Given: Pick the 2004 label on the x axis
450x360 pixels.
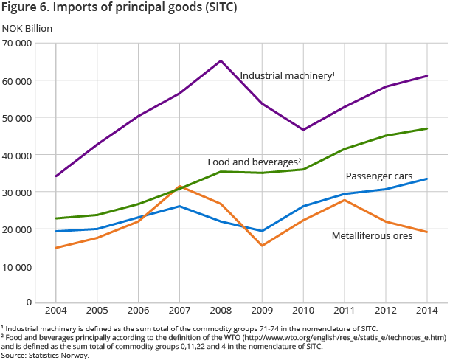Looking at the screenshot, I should click(56, 311).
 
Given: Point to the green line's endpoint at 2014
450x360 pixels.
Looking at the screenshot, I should click(426, 128).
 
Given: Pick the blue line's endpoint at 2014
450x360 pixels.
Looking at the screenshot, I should click(426, 179).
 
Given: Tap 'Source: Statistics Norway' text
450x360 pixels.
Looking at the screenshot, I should click(45, 355).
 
